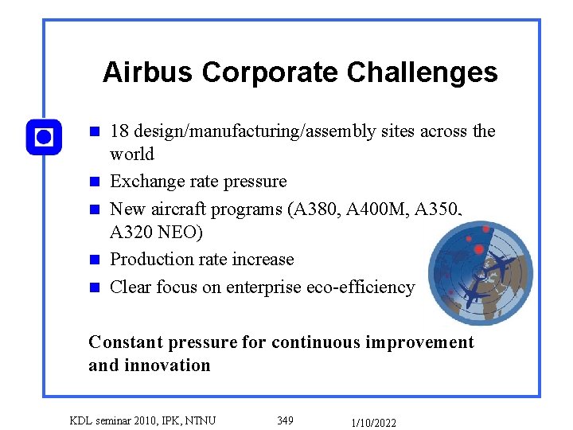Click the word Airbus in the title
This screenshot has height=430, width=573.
(149, 72)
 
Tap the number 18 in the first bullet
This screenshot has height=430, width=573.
(120, 131)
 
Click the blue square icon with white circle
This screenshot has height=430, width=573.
(44, 137)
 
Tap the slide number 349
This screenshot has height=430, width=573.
(285, 420)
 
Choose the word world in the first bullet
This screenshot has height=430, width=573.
(131, 154)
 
